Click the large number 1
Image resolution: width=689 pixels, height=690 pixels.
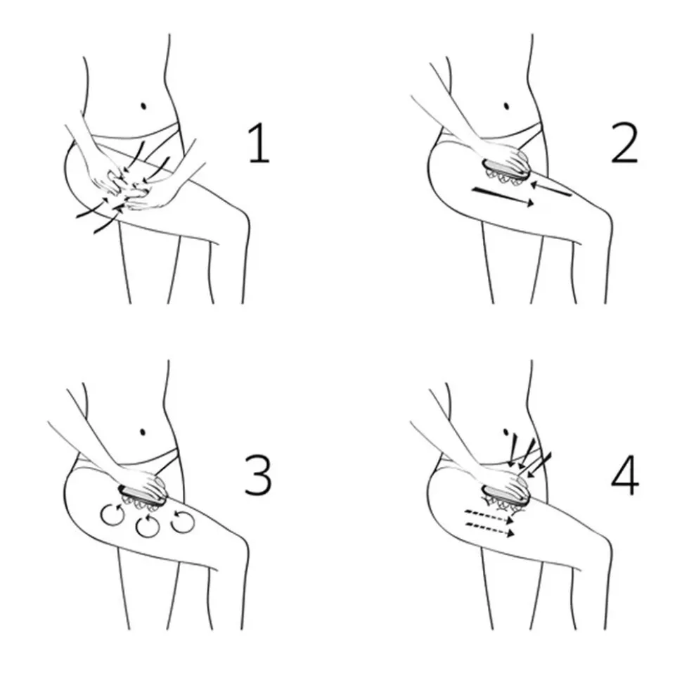[x=259, y=143]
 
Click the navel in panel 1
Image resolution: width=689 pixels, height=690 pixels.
[x=143, y=106]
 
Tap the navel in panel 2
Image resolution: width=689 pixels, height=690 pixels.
[x=506, y=106]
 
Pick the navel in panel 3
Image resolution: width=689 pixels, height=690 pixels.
[x=143, y=432]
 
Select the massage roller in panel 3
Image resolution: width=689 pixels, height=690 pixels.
[x=142, y=499]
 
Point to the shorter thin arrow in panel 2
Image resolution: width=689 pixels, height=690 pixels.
[x=550, y=189]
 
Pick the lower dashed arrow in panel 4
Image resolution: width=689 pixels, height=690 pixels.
[x=490, y=530]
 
